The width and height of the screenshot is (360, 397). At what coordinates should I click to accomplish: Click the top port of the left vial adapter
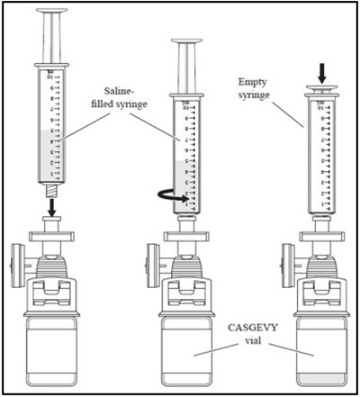point(53,236)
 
